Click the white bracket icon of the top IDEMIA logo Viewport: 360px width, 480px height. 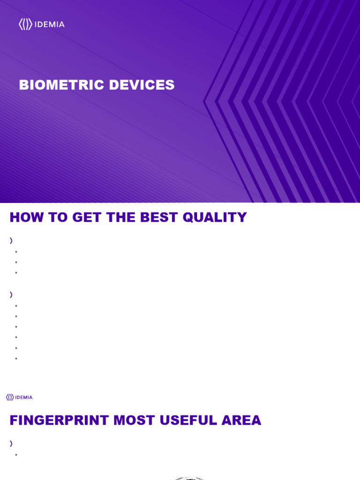(x=26, y=24)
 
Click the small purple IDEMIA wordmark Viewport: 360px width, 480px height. (x=24, y=397)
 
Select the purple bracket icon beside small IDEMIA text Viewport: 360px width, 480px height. (x=9, y=397)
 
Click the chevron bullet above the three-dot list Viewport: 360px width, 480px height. (x=11, y=240)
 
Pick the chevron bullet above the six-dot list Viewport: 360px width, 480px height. (x=11, y=295)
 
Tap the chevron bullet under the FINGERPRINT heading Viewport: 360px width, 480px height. (x=11, y=443)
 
